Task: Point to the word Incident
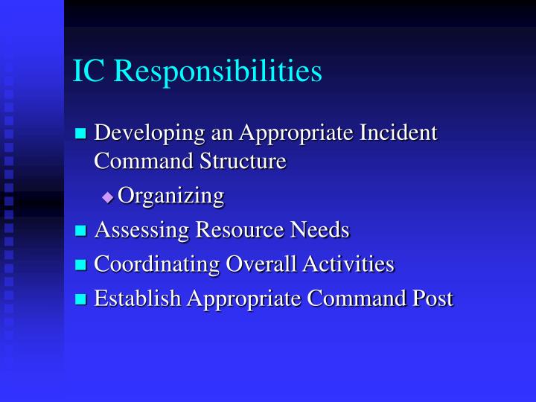398,133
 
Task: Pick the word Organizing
171,196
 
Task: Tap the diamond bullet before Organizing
108,197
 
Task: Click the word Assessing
141,231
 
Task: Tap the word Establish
138,298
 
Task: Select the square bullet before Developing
81,135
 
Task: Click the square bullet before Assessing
81,232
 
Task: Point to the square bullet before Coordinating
81,265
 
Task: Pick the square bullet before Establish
81,299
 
